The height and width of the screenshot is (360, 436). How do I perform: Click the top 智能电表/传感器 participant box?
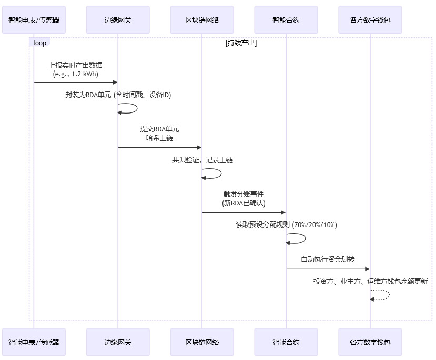[x=34, y=20]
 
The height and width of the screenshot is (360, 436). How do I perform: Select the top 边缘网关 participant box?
[x=118, y=20]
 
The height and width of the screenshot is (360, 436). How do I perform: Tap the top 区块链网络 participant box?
[x=202, y=20]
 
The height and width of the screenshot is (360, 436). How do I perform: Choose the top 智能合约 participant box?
[x=286, y=20]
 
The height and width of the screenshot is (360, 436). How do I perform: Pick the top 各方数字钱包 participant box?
[x=370, y=20]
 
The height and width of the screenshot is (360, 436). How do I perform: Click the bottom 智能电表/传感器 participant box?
[x=34, y=342]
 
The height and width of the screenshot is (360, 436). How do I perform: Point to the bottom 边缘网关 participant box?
[x=118, y=342]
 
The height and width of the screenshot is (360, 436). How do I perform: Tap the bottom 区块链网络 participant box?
[x=202, y=342]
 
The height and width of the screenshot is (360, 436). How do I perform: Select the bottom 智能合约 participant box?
[x=286, y=342]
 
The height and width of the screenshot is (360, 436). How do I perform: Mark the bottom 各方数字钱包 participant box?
[x=370, y=342]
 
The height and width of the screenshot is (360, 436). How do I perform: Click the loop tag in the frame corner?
[x=39, y=43]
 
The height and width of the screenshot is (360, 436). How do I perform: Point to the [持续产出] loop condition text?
[x=240, y=43]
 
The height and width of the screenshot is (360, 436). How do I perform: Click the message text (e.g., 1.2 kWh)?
[x=76, y=74]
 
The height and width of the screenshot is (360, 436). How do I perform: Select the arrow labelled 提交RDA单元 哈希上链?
[x=160, y=147]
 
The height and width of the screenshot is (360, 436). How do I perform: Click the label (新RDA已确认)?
[x=244, y=203]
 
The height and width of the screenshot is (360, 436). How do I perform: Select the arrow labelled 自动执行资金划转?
[x=328, y=269]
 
